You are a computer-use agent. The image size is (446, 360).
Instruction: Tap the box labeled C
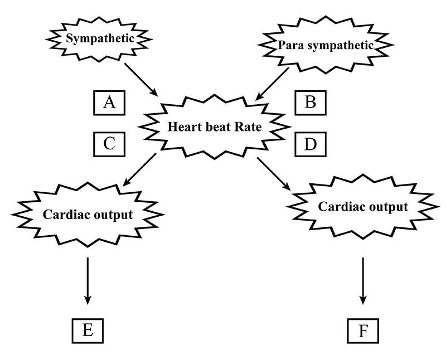tap(109, 144)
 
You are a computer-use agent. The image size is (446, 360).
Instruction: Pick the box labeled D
tap(311, 144)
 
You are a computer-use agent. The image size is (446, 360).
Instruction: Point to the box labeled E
tap(88, 330)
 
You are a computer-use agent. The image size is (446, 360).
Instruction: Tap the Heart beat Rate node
tap(215, 126)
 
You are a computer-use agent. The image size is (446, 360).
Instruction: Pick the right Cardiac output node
tap(363, 207)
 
